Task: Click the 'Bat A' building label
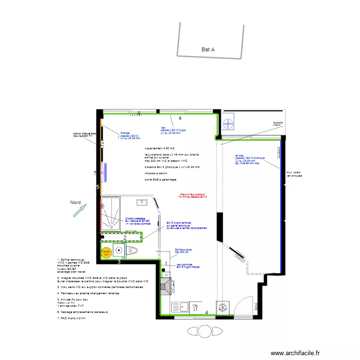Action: coord(208,49)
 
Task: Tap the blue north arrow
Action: coord(80,210)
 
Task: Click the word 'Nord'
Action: coord(75,203)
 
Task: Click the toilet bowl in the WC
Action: coord(133,251)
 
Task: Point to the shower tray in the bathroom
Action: coord(111,213)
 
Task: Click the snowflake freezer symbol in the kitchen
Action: coord(223,306)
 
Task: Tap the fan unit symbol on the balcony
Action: coord(229,122)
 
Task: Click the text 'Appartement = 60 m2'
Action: coord(161,149)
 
